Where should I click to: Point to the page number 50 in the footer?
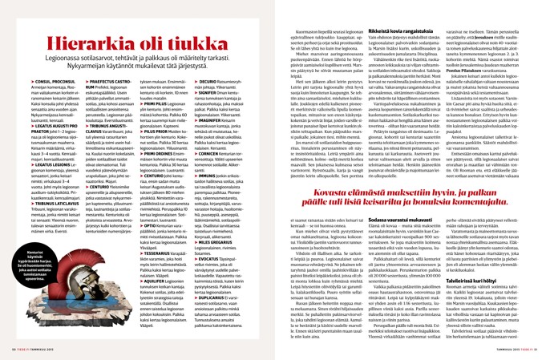click(x=12, y=350)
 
